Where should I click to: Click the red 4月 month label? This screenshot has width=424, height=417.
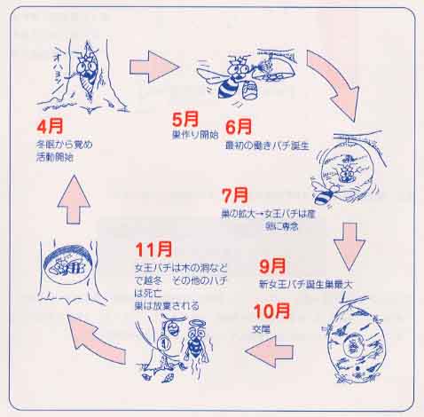51,125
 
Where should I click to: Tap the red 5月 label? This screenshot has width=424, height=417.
185,118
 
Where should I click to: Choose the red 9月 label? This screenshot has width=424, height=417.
272,264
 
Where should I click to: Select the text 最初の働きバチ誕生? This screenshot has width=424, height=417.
265,146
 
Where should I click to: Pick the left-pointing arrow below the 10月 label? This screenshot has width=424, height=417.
271,353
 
